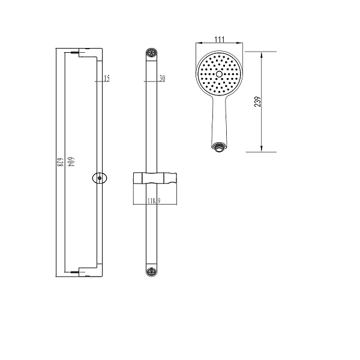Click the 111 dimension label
pos(219,39)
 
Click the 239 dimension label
pos(257,101)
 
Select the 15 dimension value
pos(107,78)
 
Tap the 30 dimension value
pos(162,78)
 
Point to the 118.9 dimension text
pos(154,201)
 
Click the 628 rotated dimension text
pos(60,162)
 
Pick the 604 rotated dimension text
pos(71,162)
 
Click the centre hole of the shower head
pos(219,74)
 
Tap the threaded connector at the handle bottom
pos(218,147)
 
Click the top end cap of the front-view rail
pos(152,53)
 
